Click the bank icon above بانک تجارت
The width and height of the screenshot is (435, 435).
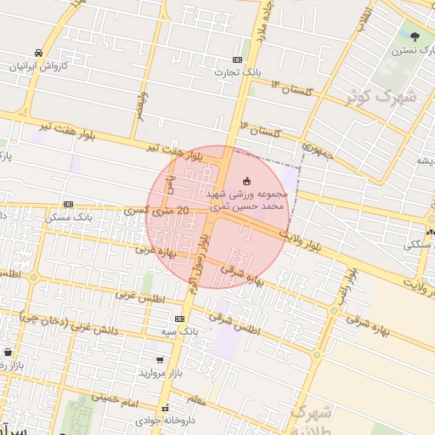(237, 59)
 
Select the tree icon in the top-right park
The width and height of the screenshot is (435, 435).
(415, 37)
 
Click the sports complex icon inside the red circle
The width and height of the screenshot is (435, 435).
(247, 180)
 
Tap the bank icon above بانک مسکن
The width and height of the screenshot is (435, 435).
(68, 204)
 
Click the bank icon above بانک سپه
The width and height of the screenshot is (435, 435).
(178, 318)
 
